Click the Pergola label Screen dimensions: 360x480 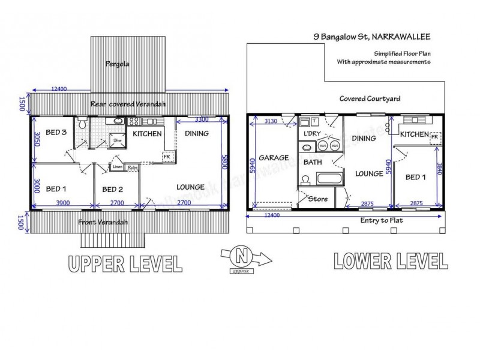[x=117, y=63]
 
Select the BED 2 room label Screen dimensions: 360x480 [x=112, y=190]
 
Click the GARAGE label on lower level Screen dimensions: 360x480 [x=274, y=158]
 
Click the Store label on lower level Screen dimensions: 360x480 [x=316, y=198]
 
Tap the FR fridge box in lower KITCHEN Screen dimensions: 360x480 [x=433, y=137]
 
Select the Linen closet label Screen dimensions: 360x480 [x=118, y=167]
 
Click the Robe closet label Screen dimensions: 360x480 [x=132, y=167]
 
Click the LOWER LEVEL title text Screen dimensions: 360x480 [x=388, y=260]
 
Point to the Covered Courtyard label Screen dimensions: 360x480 [x=370, y=99]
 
